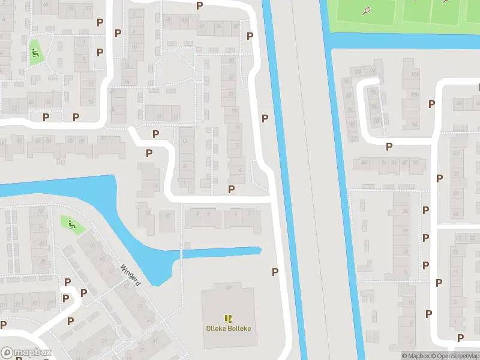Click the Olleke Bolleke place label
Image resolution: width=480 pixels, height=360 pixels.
coord(228,328)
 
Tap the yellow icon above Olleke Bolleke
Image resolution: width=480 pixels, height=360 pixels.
coord(228,318)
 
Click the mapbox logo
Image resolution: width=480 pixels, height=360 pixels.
coord(26,353)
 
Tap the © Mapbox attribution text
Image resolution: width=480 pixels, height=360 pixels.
coord(415,356)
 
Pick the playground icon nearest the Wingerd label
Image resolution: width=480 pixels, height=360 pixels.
coord(71,225)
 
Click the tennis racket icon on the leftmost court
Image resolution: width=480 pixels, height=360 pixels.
coord(365,10)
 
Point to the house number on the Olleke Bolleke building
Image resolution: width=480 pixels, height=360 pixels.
coord(229,289)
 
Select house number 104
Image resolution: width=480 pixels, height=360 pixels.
coord(414,74)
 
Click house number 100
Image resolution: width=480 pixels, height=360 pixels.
coord(414,95)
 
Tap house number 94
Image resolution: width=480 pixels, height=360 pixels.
coord(71,8)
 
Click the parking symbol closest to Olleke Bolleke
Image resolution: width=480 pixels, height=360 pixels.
coord(275,272)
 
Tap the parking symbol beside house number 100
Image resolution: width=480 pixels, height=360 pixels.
coord(431,104)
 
